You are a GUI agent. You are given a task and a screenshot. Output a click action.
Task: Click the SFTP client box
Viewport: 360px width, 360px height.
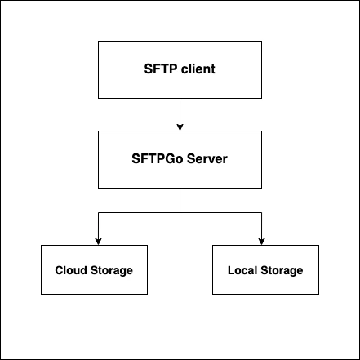(x=180, y=69)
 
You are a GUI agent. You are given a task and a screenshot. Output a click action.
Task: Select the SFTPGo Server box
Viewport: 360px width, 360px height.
(x=180, y=158)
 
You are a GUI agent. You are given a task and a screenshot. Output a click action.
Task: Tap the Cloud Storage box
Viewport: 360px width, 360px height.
(x=93, y=270)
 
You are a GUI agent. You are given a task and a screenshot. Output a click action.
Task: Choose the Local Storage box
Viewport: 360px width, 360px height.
(x=265, y=270)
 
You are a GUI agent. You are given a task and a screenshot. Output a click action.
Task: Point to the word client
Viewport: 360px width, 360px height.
(x=197, y=69)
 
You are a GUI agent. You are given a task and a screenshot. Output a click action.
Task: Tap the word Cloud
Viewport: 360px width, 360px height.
(x=70, y=270)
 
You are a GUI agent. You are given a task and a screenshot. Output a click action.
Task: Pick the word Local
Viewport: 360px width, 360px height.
(x=243, y=270)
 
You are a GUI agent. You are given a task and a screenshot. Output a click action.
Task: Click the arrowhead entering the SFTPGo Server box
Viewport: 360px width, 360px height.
(x=180, y=127)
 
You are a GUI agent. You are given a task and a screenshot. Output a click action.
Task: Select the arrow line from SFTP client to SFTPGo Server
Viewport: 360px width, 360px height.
(x=180, y=113)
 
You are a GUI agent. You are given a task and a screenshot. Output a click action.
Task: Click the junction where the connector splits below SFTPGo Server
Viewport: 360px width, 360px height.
(x=180, y=212)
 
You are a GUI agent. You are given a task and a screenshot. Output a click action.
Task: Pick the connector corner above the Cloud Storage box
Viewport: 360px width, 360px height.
(x=98, y=212)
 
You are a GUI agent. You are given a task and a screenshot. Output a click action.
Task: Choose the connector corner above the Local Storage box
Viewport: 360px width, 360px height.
(x=261, y=212)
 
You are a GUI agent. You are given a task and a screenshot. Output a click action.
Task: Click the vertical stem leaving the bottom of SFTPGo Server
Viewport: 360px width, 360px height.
(x=180, y=200)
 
